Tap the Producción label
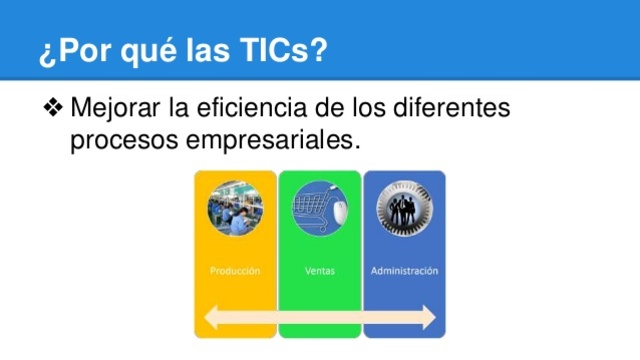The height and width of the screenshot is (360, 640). tap(235, 271)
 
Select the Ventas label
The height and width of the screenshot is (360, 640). tap(319, 271)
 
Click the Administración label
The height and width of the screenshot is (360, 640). tap(404, 271)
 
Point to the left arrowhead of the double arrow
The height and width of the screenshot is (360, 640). tap(208, 318)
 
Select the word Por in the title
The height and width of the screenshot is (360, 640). tap(77, 49)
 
